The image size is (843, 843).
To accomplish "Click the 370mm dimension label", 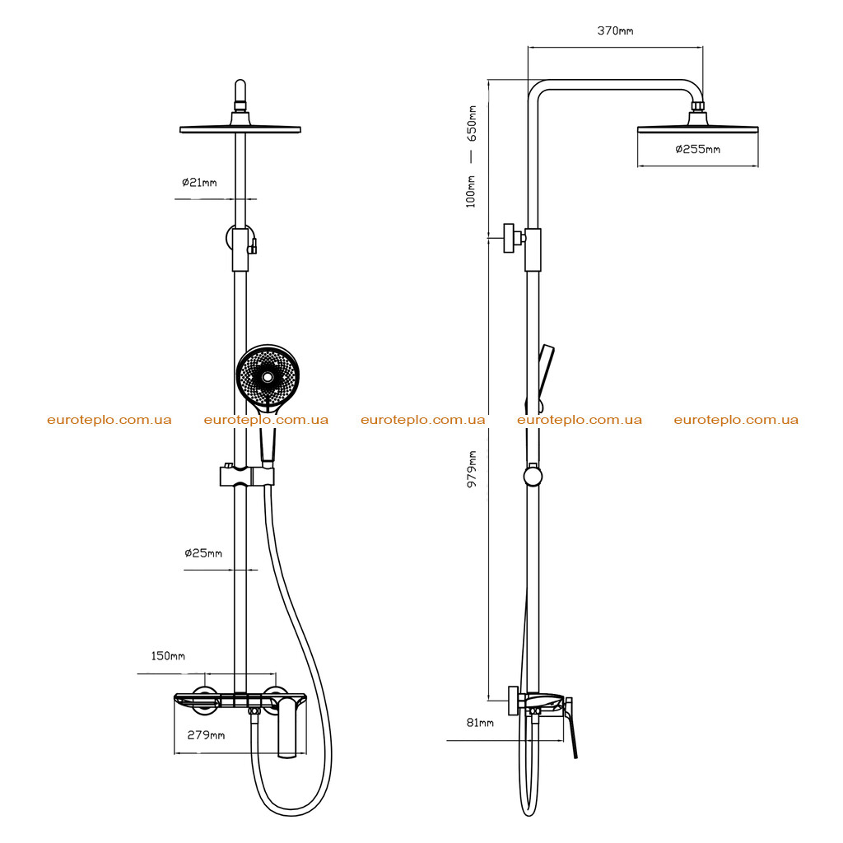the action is tap(615, 30).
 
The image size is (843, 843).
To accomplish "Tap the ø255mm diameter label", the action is tap(697, 149).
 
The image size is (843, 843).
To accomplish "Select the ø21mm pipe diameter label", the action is tap(199, 182).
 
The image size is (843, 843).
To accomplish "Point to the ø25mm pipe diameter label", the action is tap(203, 552).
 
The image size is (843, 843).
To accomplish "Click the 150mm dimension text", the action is tap(168, 656).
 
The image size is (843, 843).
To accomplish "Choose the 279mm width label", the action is tap(206, 735).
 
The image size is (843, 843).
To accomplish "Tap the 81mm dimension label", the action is tap(480, 723).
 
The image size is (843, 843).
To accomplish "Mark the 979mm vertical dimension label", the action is tap(472, 468).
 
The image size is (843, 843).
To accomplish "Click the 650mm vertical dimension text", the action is tap(472, 123).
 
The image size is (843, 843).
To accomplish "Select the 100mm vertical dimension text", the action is tap(471, 191).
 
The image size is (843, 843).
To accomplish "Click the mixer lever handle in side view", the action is tap(571, 728).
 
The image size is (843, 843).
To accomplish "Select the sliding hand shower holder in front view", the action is tap(247, 476).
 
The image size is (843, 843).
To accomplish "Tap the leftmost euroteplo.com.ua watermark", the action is tap(109, 420).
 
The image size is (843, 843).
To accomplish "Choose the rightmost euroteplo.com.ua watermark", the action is tap(736, 420).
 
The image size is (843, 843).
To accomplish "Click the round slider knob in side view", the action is tap(533, 477).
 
